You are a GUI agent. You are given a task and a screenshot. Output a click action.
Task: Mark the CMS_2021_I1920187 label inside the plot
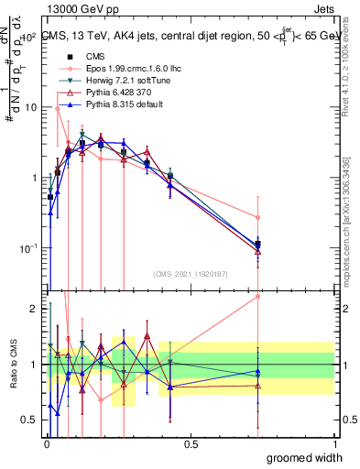tap(191, 273)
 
